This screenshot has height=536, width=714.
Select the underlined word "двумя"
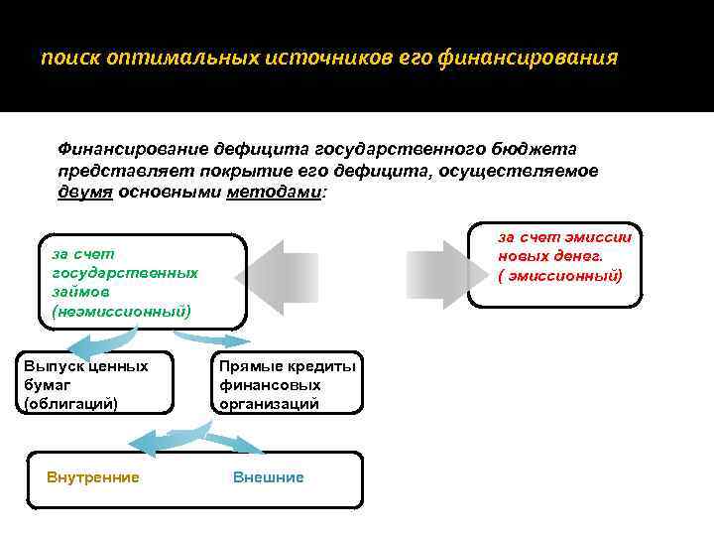pos(85,192)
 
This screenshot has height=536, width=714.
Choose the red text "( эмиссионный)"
pos(560,275)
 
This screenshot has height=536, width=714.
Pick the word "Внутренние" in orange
pos(93,477)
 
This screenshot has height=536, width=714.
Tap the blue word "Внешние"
pos(268,477)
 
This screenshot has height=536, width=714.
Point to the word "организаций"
pos(269,403)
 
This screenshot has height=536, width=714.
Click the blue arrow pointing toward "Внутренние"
pos(164,437)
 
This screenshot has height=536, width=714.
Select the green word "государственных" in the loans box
pos(125,272)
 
